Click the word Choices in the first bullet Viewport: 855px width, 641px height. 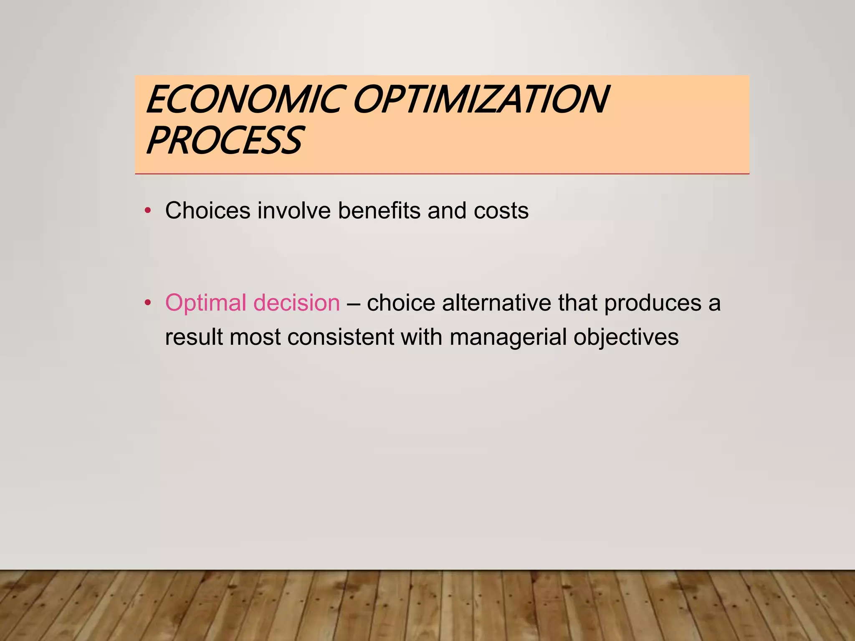[x=207, y=210]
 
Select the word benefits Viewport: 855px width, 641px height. [x=379, y=210]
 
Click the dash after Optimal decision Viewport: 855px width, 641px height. [x=353, y=303]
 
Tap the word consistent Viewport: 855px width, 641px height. [x=340, y=337]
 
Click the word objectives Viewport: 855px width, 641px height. [x=626, y=338]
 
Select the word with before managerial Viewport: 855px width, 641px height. [x=421, y=337]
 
